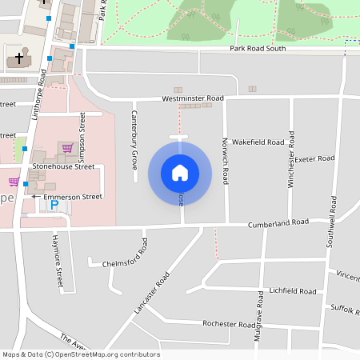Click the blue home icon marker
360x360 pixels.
coord(180,172)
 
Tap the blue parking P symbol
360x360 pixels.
coord(54,206)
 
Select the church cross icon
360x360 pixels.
coord(19,59)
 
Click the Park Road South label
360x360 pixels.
coord(258,49)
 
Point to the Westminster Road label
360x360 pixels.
coord(193,98)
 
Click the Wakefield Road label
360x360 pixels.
coord(258,142)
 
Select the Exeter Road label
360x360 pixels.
coord(314,158)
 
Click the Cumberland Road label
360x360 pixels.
coord(278,222)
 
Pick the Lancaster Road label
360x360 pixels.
coord(153,292)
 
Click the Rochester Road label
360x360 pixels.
coord(229,325)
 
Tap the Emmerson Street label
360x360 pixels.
coord(73,196)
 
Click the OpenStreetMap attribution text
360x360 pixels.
coord(81,354)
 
